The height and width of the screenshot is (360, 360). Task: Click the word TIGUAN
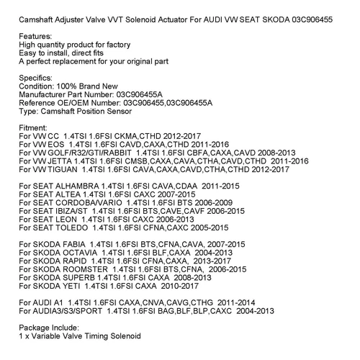click(x=60, y=171)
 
